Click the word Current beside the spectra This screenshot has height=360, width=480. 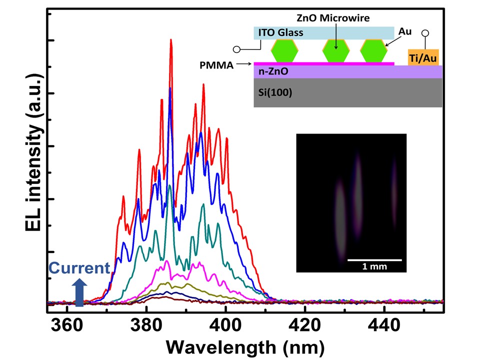click(78, 268)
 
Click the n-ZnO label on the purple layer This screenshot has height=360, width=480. click(270, 72)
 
